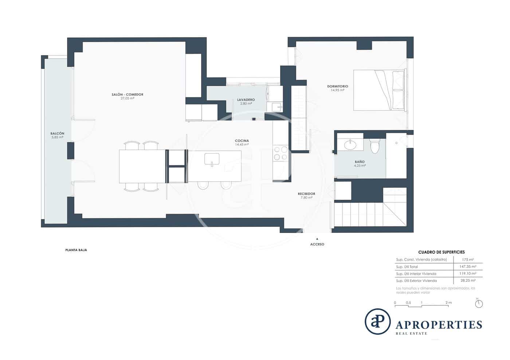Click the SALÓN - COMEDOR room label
127,95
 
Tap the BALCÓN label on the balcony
57,134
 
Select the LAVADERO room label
246,100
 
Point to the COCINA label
242,141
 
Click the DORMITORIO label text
337,87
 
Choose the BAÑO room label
360,162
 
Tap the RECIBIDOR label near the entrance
306,194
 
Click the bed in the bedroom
379,90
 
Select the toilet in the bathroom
374,146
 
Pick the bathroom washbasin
350,145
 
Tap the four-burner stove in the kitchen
280,153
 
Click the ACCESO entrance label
317,244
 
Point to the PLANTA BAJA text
76,250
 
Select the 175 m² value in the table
467,260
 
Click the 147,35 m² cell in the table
467,267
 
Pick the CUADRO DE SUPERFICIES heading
441,252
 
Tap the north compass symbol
479,304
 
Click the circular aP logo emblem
377,321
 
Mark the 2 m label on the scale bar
448,303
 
